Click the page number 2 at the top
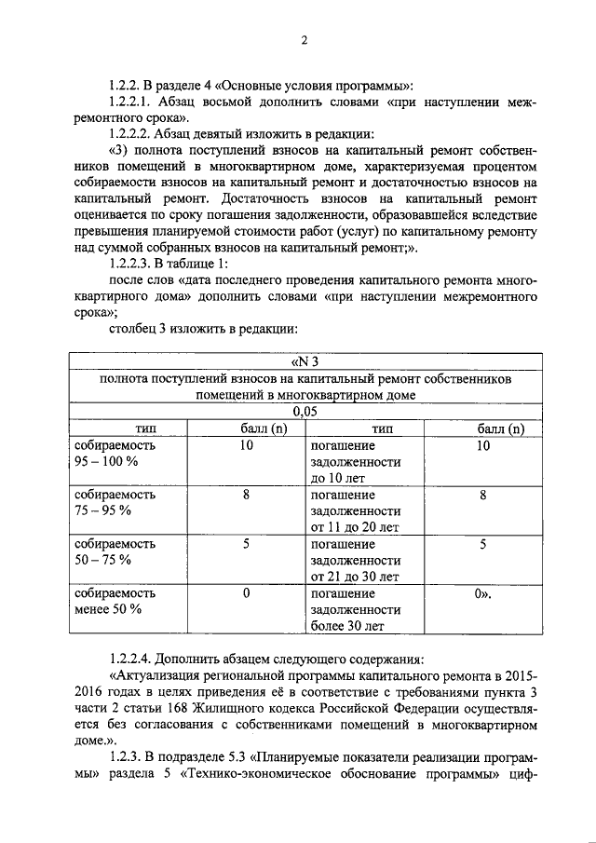point(304,39)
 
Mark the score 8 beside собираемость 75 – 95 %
point(246,496)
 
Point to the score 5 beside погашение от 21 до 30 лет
point(483,544)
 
